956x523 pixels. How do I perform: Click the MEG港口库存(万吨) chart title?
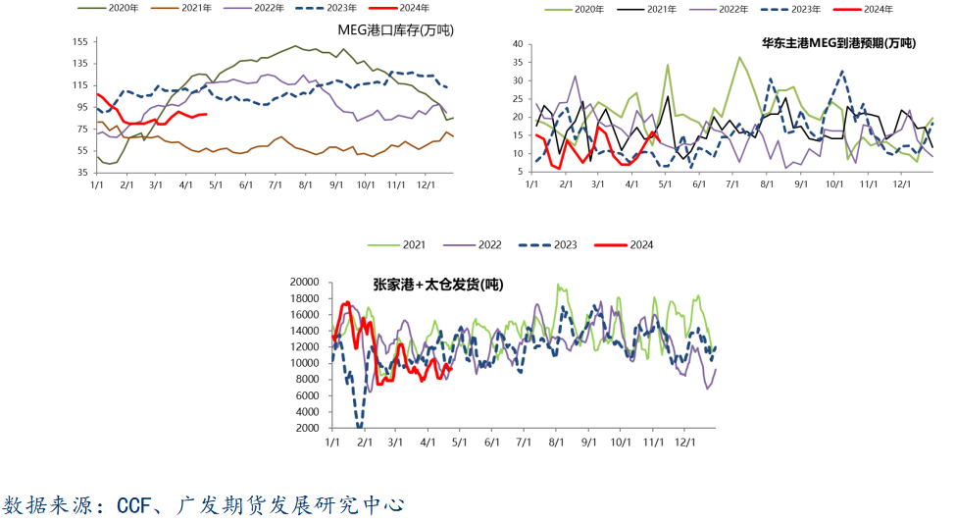(396, 29)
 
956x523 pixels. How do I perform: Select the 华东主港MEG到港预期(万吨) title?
(838, 43)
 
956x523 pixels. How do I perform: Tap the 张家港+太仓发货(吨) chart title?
(437, 285)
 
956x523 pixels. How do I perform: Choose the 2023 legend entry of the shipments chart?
(547, 244)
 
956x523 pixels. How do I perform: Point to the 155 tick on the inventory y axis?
(79, 41)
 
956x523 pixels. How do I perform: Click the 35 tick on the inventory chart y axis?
(82, 173)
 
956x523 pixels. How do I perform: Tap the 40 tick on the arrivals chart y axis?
(518, 44)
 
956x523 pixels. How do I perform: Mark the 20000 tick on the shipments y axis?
(304, 282)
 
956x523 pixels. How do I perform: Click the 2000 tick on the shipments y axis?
(307, 429)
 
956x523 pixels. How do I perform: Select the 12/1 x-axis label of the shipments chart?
(684, 443)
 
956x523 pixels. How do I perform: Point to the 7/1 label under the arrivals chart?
(732, 184)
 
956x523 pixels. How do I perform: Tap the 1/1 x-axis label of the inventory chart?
(97, 184)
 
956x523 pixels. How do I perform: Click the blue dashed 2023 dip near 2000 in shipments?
(359, 425)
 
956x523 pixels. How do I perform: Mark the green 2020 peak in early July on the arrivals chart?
(739, 57)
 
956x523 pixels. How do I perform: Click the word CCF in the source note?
(133, 505)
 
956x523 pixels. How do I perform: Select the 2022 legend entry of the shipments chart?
(472, 244)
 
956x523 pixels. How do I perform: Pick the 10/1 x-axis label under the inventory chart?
(366, 184)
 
